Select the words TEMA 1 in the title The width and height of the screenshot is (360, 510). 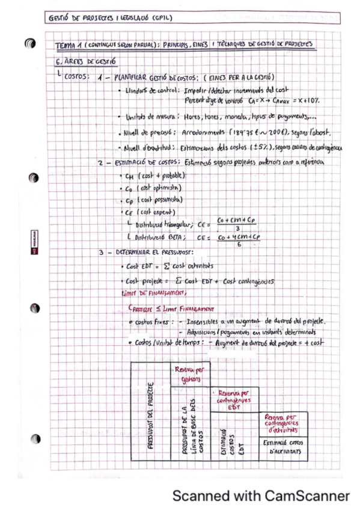coord(67,45)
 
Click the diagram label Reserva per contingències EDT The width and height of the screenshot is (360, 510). coord(235,399)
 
